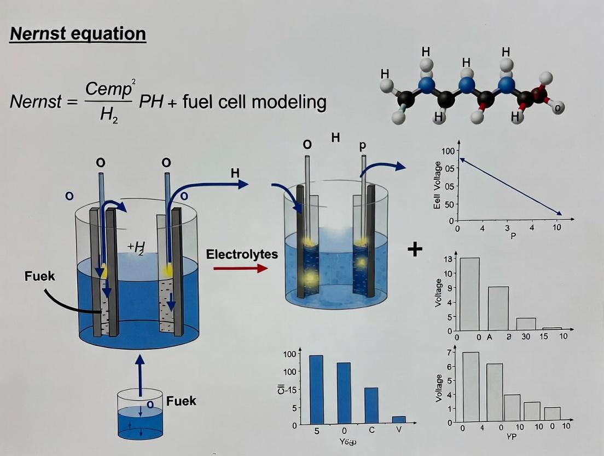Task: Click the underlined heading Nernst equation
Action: [x=78, y=34]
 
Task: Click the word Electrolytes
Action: [x=242, y=254]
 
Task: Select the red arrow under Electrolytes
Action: [x=240, y=268]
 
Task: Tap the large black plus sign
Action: [x=415, y=249]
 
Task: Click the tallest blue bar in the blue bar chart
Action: [x=316, y=389]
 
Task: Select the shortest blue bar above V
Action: [x=399, y=420]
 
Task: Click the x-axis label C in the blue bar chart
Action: [x=371, y=430]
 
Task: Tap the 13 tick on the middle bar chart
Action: [x=448, y=259]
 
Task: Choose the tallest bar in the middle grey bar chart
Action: [x=469, y=294]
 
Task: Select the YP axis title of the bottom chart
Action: [x=512, y=437]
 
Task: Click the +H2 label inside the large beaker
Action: [x=135, y=248]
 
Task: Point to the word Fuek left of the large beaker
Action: [x=40, y=276]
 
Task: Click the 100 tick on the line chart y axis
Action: [x=448, y=151]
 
